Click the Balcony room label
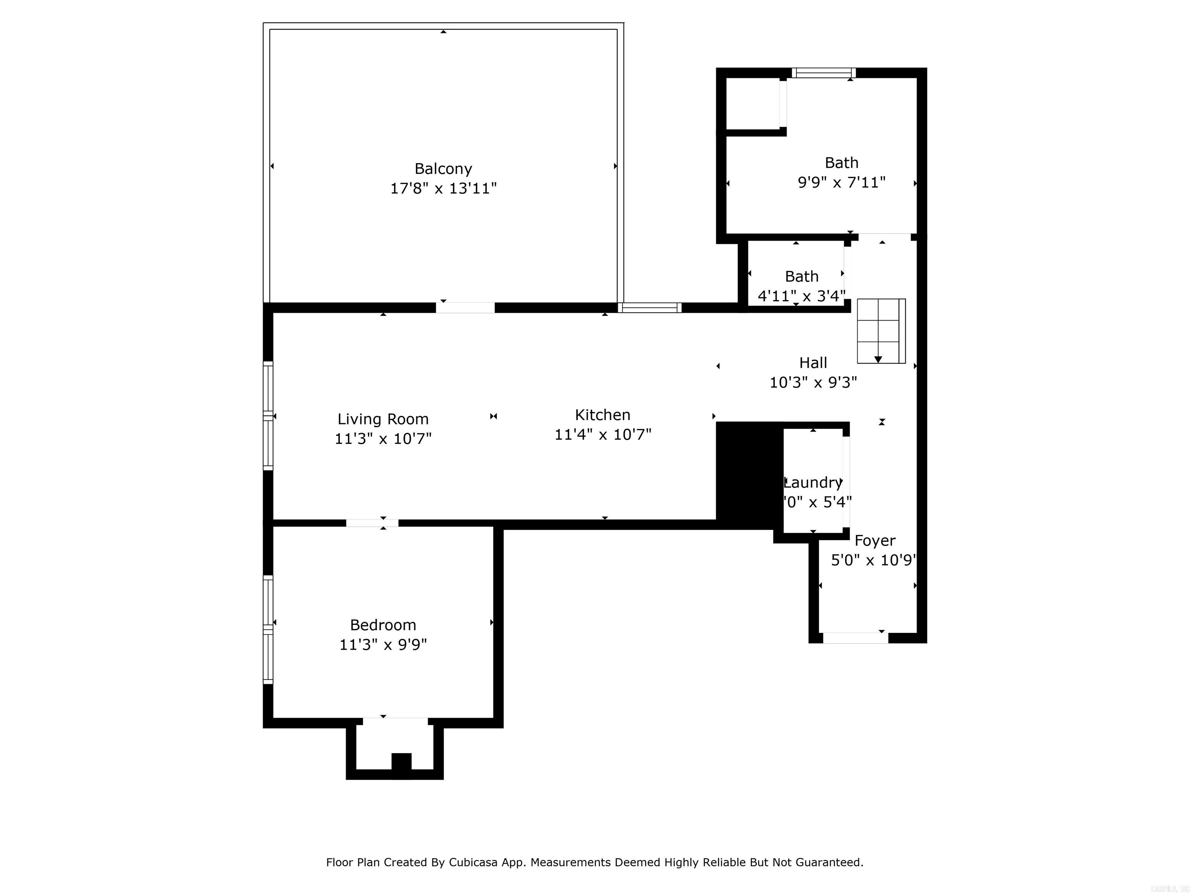443,169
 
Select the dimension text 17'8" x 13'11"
443,188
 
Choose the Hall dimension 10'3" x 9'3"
813,382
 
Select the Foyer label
875,540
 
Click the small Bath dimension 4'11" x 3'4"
801,295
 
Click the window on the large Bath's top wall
823,72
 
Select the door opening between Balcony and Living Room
465,307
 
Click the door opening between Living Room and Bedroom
372,523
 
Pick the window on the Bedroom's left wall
268,629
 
